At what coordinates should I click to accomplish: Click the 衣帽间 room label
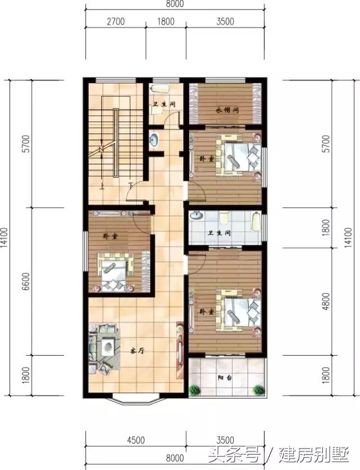click(x=227, y=110)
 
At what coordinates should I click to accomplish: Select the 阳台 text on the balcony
click(x=224, y=378)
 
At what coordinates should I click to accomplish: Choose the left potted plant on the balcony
click(x=195, y=388)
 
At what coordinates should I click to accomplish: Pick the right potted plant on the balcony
click(x=259, y=388)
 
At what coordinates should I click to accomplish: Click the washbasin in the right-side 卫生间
click(x=197, y=215)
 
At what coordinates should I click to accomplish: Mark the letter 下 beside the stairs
click(x=130, y=185)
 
